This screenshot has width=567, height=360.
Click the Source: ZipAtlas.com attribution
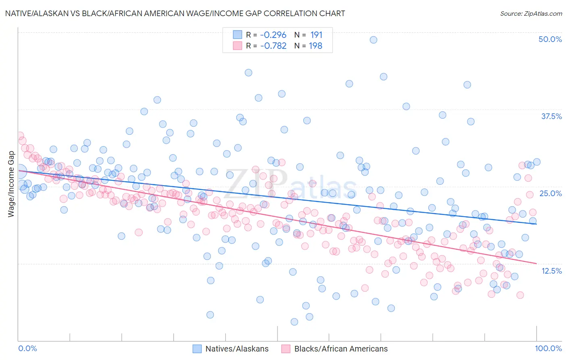click(531, 13)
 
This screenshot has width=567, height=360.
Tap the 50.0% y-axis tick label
click(550, 39)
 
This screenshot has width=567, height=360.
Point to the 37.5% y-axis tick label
click(551, 116)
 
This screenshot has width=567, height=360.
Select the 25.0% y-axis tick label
click(550, 193)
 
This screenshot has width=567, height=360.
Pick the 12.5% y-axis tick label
click(551, 271)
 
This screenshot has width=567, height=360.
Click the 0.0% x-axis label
click(27, 348)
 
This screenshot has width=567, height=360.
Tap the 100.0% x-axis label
click(548, 348)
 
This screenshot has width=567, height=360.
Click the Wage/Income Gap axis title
click(11, 184)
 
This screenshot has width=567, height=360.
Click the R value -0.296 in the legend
click(273, 35)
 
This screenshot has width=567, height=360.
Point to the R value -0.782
click(273, 46)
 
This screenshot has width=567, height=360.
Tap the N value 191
click(316, 35)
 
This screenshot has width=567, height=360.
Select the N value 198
click(315, 46)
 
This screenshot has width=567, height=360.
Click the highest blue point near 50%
click(373, 40)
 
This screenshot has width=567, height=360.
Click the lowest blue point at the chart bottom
click(294, 322)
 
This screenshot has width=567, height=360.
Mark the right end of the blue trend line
click(536, 224)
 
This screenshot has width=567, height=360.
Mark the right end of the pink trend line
click(536, 263)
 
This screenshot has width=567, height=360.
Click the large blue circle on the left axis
click(20, 172)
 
